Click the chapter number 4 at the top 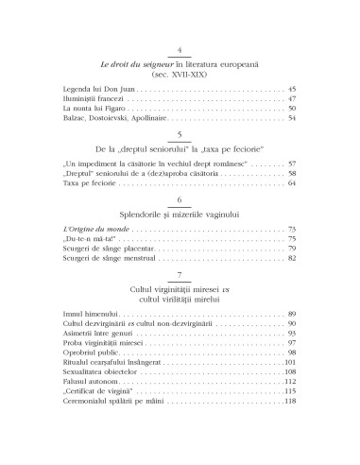(180, 49)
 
